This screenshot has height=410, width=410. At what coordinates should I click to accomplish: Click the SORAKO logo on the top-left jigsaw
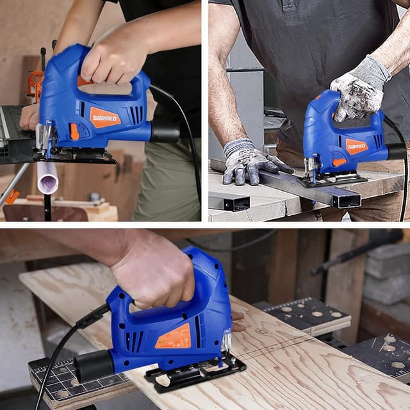tap(105, 117)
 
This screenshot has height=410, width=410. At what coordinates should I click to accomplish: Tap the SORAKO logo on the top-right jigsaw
tap(357, 146)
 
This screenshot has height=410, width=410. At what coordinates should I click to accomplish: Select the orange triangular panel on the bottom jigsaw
tap(174, 337)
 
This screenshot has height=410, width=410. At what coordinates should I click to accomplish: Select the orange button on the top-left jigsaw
tap(74, 131)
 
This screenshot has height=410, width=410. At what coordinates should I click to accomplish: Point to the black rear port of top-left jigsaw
tap(165, 133)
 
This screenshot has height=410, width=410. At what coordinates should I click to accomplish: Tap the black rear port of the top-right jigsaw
tap(396, 151)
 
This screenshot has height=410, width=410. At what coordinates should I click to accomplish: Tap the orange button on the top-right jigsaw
tap(339, 162)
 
